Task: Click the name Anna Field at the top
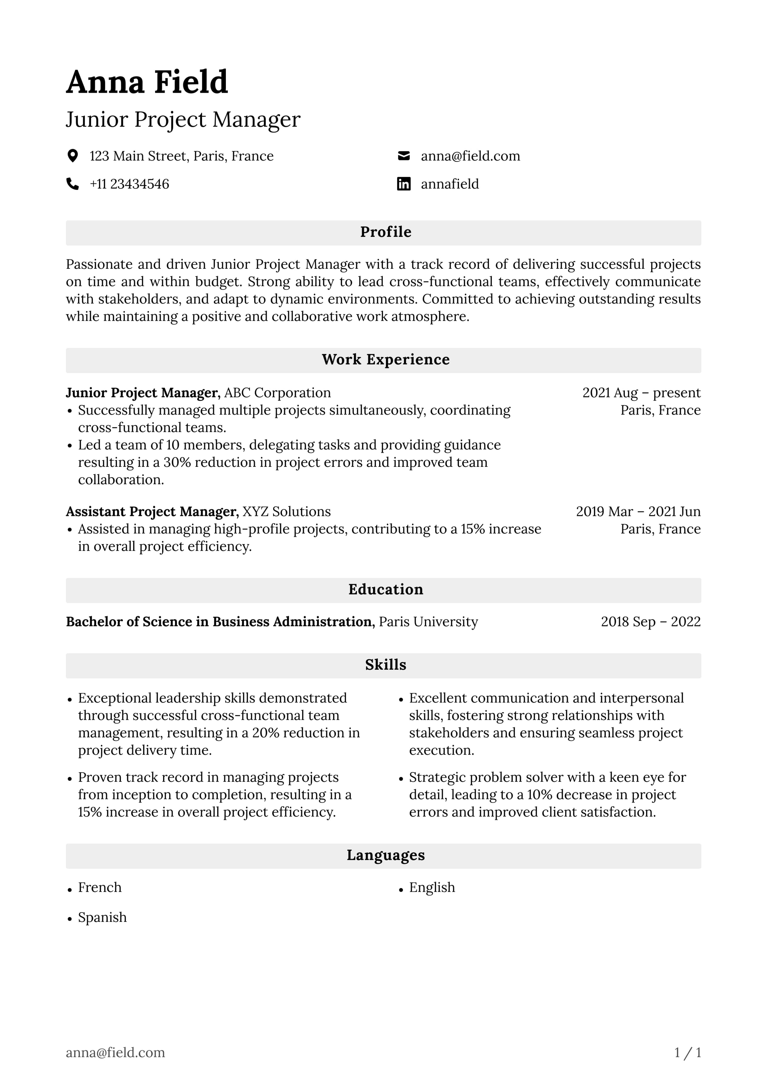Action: pyautogui.click(x=147, y=82)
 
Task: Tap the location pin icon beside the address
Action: pyautogui.click(x=73, y=156)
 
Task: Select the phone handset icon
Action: pyautogui.click(x=73, y=184)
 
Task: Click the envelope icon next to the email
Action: pyautogui.click(x=404, y=156)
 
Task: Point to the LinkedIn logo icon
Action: pyautogui.click(x=404, y=184)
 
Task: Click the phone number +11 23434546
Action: pyautogui.click(x=129, y=184)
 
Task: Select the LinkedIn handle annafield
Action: pyautogui.click(x=449, y=184)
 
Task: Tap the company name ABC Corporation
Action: pyautogui.click(x=277, y=393)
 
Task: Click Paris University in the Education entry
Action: pyautogui.click(x=428, y=622)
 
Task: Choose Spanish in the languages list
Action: pyautogui.click(x=102, y=917)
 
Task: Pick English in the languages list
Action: pyautogui.click(x=432, y=888)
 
